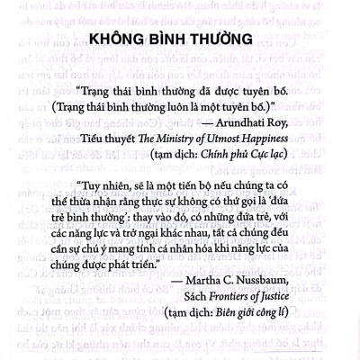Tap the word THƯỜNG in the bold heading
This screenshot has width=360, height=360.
213,40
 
